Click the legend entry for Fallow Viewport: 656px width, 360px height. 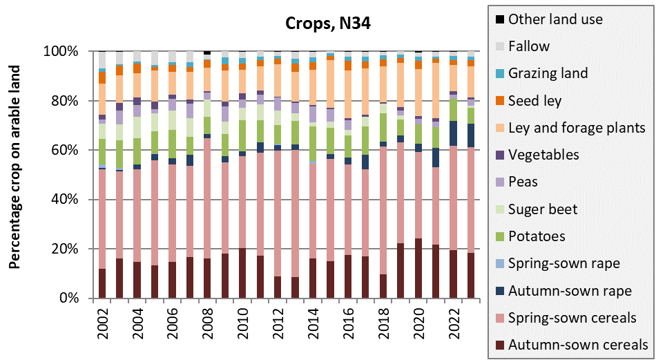click(x=528, y=46)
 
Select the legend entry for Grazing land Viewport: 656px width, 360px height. click(x=548, y=73)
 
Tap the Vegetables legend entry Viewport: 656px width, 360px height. click(x=543, y=155)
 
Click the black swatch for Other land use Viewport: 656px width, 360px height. click(x=497, y=19)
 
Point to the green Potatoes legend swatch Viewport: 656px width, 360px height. click(x=497, y=236)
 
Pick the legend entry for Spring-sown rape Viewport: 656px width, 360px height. click(x=563, y=263)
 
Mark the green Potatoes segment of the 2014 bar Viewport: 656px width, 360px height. click(x=313, y=144)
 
